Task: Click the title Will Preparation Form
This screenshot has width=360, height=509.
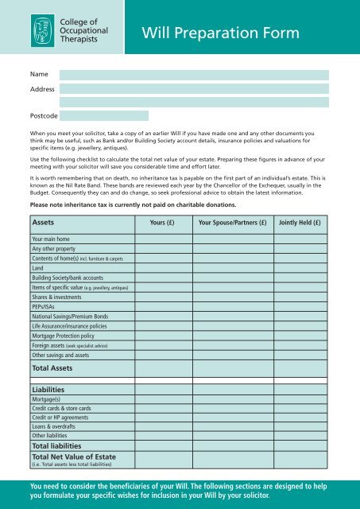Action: click(220, 33)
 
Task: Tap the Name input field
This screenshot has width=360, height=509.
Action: click(195, 75)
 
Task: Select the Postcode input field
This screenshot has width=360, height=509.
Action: click(104, 115)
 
